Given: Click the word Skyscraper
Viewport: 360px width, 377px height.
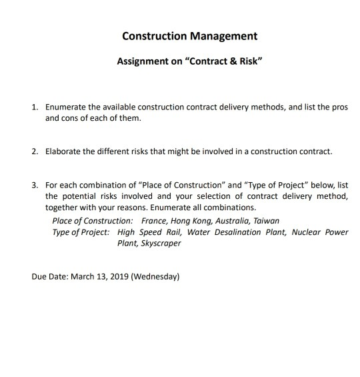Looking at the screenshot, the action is pos(159,244).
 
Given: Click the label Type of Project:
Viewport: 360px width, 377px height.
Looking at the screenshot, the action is pos(81,232).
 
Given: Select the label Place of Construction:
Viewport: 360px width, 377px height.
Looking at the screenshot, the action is pos(93,220).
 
